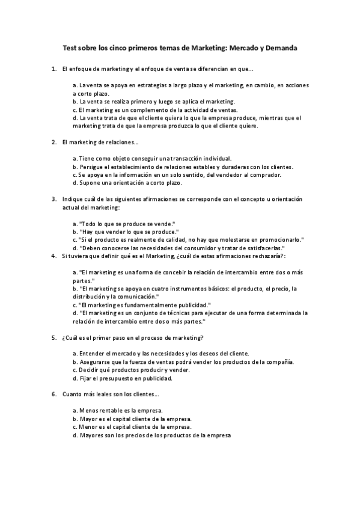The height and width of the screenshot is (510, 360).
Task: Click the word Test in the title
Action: [70, 46]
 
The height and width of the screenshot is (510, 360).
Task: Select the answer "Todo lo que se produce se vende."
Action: [123, 223]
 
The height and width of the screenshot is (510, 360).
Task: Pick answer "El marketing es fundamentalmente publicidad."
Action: [142, 305]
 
